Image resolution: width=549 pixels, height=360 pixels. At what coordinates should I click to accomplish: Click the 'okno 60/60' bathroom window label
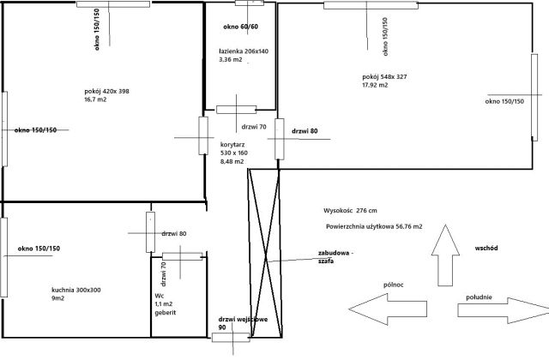(240, 27)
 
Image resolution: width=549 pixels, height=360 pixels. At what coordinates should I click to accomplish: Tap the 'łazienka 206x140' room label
(244, 51)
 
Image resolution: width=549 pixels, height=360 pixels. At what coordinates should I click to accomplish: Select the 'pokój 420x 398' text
(106, 92)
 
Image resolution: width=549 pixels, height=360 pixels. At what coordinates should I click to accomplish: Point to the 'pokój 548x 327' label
(384, 76)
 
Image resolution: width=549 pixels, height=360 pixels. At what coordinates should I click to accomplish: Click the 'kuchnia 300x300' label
(76, 290)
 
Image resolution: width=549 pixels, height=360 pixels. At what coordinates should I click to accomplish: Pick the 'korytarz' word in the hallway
(232, 145)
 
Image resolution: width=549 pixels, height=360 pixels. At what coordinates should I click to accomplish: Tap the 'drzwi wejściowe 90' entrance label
(243, 323)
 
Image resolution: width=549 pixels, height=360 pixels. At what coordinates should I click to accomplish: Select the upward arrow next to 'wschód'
(445, 255)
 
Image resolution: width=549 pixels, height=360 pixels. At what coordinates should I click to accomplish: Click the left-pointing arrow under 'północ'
(388, 309)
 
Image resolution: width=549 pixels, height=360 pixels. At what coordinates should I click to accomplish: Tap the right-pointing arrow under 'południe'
(504, 310)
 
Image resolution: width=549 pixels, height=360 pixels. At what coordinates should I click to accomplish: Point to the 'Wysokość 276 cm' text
(350, 211)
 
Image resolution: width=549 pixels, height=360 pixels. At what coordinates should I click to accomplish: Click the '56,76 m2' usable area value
(409, 226)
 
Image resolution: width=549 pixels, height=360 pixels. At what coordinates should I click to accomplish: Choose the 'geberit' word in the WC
(166, 313)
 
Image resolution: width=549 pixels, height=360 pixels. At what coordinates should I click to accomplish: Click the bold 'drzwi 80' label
(305, 131)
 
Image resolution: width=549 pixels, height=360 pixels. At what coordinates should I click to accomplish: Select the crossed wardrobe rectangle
(265, 253)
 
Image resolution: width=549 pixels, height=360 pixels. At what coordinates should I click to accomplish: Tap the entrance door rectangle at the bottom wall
(231, 337)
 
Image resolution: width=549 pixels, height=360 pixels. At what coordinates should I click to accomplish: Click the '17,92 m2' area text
(375, 85)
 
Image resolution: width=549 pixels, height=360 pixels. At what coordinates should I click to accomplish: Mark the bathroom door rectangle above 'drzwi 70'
(237, 110)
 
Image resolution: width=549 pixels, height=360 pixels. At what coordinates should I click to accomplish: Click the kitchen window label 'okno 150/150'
(39, 249)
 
